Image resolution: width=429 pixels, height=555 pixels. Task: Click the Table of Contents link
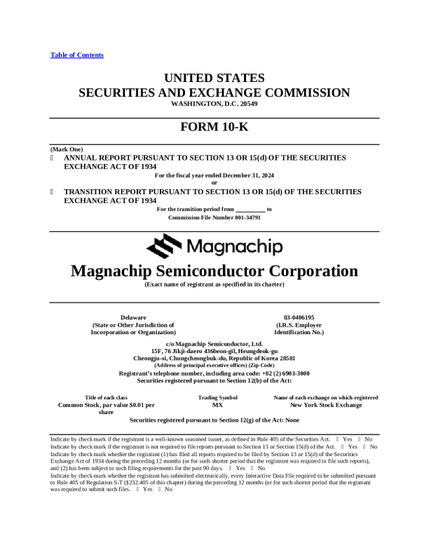tap(77, 55)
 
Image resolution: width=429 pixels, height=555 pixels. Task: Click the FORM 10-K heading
tap(214, 128)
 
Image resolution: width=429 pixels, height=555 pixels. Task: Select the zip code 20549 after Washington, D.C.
tap(249, 104)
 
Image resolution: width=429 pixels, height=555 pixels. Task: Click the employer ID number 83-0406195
tap(299, 317)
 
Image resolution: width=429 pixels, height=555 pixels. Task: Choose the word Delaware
tap(133, 317)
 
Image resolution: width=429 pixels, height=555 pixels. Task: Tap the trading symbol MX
tap(218, 405)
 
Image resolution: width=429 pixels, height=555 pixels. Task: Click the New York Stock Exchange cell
tap(326, 405)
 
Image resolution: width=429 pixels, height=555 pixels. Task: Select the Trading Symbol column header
tap(218, 397)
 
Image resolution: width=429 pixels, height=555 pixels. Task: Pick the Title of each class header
tap(106, 397)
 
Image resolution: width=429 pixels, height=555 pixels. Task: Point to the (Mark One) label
tap(67, 149)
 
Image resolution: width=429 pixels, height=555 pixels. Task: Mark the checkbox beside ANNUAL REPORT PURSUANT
tap(53, 158)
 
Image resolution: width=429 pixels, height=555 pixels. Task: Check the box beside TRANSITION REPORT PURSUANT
tap(53, 191)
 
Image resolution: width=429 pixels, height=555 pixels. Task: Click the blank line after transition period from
tap(250, 210)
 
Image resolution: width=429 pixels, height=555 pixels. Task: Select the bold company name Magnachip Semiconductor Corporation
tap(214, 270)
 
